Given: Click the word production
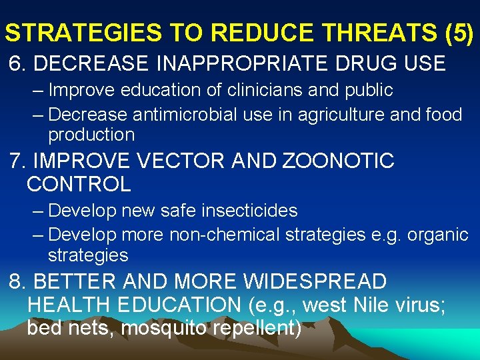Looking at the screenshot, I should point(91,135).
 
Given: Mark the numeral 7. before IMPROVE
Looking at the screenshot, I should point(18,161).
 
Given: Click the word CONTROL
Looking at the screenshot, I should point(79,183).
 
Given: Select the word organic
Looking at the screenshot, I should point(439,235).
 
